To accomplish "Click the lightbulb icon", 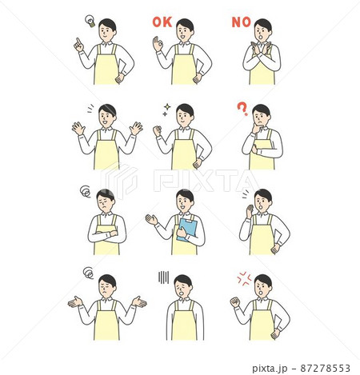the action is click(x=90, y=21).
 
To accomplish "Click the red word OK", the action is click(x=162, y=22).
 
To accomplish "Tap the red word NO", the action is click(x=242, y=22).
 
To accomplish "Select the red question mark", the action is click(x=242, y=110).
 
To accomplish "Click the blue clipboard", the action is click(x=187, y=229).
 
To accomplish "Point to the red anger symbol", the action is click(x=244, y=279).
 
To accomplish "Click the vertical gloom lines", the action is click(x=163, y=277).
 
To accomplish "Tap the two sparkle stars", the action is click(x=166, y=110).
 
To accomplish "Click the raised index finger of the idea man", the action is click(x=78, y=41).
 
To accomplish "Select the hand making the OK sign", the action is click(x=158, y=44).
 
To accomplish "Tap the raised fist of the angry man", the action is click(x=235, y=302).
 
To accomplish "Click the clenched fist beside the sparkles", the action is click(x=158, y=131).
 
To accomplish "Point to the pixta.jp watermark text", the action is click(x=270, y=369).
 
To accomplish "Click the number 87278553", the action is click(x=325, y=368).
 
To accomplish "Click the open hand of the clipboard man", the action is click(x=151, y=220).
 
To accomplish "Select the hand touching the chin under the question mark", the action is click(x=256, y=129).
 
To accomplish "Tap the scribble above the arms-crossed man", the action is click(x=86, y=191).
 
